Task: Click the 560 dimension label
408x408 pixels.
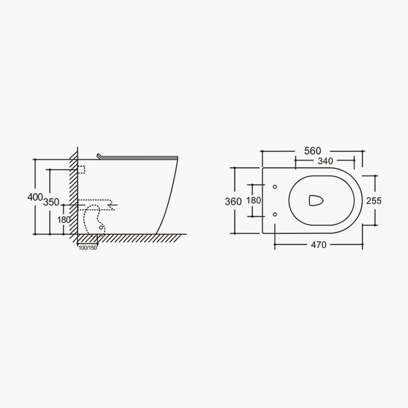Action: pyautogui.click(x=312, y=151)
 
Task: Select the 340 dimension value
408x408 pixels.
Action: pyautogui.click(x=325, y=161)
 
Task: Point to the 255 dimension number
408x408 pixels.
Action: pyautogui.click(x=374, y=201)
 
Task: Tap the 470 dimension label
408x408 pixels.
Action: pyautogui.click(x=318, y=245)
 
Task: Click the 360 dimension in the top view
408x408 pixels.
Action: pyautogui.click(x=233, y=201)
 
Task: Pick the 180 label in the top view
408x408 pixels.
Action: pyautogui.click(x=254, y=200)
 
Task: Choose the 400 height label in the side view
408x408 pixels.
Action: pyautogui.click(x=35, y=197)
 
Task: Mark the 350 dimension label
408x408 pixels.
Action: pyautogui.click(x=51, y=202)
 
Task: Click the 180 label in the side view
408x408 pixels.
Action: pyautogui.click(x=64, y=220)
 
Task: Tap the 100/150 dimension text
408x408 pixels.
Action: pyautogui.click(x=88, y=248)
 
